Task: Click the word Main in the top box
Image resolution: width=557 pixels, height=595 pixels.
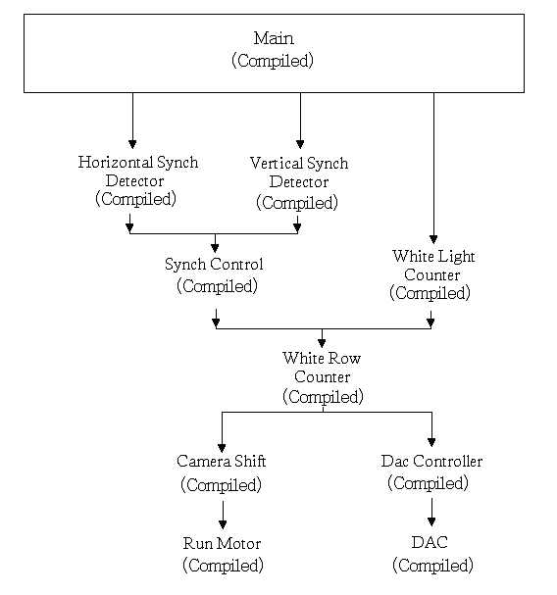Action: (274, 38)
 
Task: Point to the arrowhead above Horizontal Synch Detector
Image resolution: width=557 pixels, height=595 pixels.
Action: (132, 144)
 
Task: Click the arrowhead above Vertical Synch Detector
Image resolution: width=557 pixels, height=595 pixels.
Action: (300, 144)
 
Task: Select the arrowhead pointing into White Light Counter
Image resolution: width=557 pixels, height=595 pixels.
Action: (433, 239)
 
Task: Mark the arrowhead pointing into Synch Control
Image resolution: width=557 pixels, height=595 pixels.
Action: (215, 248)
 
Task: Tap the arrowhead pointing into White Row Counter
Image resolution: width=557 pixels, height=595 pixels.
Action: (322, 343)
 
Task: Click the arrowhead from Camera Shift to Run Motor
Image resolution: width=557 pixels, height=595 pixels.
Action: (223, 524)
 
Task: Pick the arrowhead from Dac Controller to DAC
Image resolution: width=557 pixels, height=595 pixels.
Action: (431, 521)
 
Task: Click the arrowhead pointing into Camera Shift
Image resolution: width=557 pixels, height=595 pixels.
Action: (222, 448)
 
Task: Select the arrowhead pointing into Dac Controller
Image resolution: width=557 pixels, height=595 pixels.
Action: (431, 442)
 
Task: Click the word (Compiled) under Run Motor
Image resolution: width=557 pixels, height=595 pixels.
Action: (223, 566)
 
